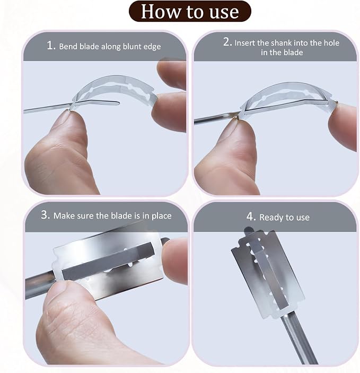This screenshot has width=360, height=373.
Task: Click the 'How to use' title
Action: coord(190,12)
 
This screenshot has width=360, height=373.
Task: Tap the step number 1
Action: coord(51,45)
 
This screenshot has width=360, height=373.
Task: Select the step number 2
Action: coord(227,42)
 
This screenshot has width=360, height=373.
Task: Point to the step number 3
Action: coord(45,214)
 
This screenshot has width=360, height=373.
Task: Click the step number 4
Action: coord(251,216)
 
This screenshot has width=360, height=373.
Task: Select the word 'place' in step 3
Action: coord(162,216)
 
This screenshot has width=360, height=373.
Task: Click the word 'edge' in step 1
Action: coord(152,47)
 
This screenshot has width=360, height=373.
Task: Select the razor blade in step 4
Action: coord(268,274)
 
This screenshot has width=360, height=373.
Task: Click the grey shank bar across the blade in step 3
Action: coord(108,261)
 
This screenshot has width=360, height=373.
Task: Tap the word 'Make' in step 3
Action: coord(63,216)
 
